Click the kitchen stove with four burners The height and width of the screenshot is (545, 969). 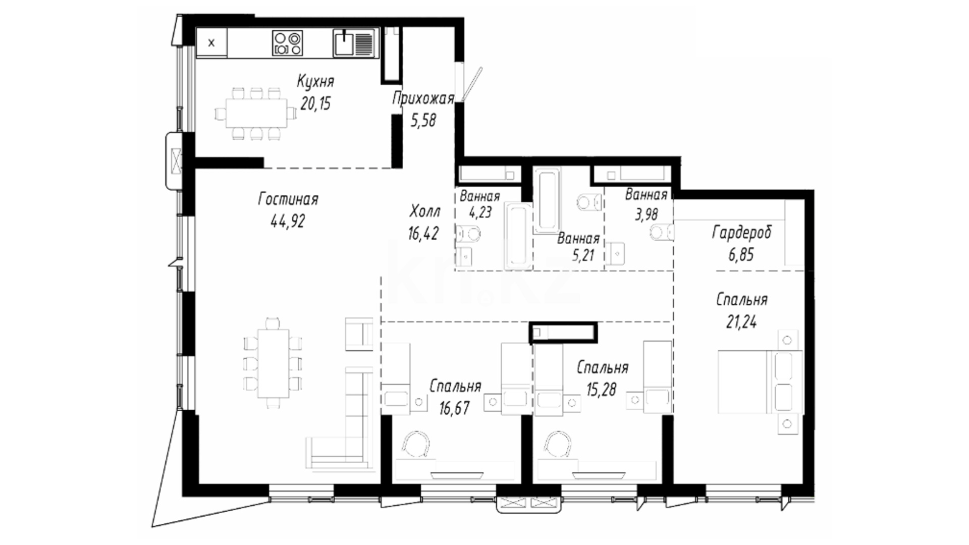pyautogui.click(x=288, y=42)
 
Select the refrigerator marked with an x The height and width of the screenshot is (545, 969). pyautogui.click(x=211, y=43)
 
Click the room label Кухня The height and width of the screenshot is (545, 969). pyautogui.click(x=315, y=81)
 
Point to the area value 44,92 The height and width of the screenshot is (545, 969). pyautogui.click(x=288, y=221)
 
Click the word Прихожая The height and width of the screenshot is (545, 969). pyautogui.click(x=423, y=98)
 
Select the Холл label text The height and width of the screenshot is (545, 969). pyautogui.click(x=425, y=210)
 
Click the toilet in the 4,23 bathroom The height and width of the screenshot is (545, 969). pyautogui.click(x=468, y=234)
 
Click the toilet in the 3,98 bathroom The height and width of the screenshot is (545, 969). pyautogui.click(x=662, y=233)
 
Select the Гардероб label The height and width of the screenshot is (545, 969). pyautogui.click(x=741, y=233)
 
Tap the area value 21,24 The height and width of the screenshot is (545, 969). pyautogui.click(x=741, y=321)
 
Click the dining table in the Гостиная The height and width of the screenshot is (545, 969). pyautogui.click(x=273, y=363)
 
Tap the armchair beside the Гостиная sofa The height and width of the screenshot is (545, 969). pyautogui.click(x=359, y=334)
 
